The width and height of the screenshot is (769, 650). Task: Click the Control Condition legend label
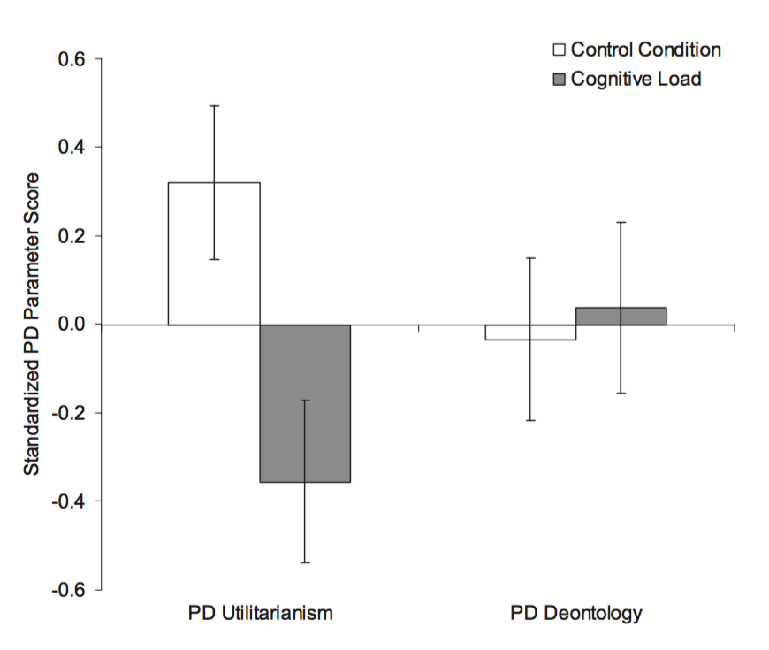tap(645, 50)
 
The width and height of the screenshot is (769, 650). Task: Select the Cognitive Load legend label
tap(636, 79)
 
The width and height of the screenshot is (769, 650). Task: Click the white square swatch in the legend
tap(559, 50)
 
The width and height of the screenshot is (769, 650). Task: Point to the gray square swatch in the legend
tap(559, 80)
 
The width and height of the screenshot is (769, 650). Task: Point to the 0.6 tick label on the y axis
tap(72, 59)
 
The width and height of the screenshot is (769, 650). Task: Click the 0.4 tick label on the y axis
tap(72, 147)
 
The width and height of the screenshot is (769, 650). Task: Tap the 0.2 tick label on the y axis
tap(72, 236)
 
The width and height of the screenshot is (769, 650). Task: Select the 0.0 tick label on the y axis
tap(72, 325)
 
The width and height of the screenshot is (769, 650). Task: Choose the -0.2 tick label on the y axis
tap(70, 413)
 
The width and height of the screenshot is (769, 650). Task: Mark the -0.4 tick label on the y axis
tap(70, 501)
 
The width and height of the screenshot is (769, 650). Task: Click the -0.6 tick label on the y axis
tap(70, 590)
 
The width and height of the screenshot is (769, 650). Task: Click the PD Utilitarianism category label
tap(260, 612)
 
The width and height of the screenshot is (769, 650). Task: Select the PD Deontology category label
tap(575, 612)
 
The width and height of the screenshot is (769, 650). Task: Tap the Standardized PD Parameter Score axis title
tap(31, 325)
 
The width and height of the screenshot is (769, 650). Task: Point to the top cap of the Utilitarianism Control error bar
tap(214, 106)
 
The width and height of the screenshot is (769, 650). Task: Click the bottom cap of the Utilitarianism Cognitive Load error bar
tap(305, 562)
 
